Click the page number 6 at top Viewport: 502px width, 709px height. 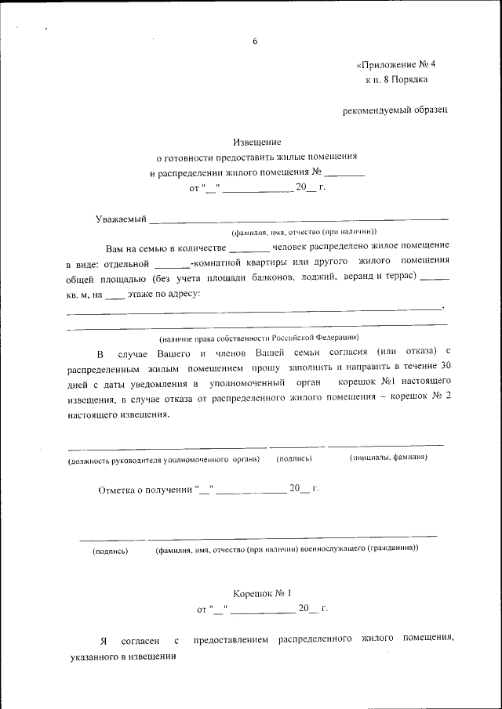point(255,42)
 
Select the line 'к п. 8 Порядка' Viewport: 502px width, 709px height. point(396,80)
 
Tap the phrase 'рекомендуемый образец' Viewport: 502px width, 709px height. point(395,111)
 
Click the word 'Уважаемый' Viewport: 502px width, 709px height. point(121,219)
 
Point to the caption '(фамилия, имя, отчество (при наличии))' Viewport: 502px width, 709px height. point(303,232)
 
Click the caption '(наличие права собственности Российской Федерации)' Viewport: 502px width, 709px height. point(259,338)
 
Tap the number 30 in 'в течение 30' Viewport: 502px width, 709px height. point(446,366)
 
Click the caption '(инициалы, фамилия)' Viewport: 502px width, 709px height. point(388,458)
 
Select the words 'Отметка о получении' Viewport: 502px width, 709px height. point(145,490)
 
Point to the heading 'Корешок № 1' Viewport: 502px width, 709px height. point(262,594)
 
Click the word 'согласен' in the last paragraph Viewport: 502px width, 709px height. point(139,641)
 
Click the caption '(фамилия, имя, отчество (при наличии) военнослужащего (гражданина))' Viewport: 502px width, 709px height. point(286,550)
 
